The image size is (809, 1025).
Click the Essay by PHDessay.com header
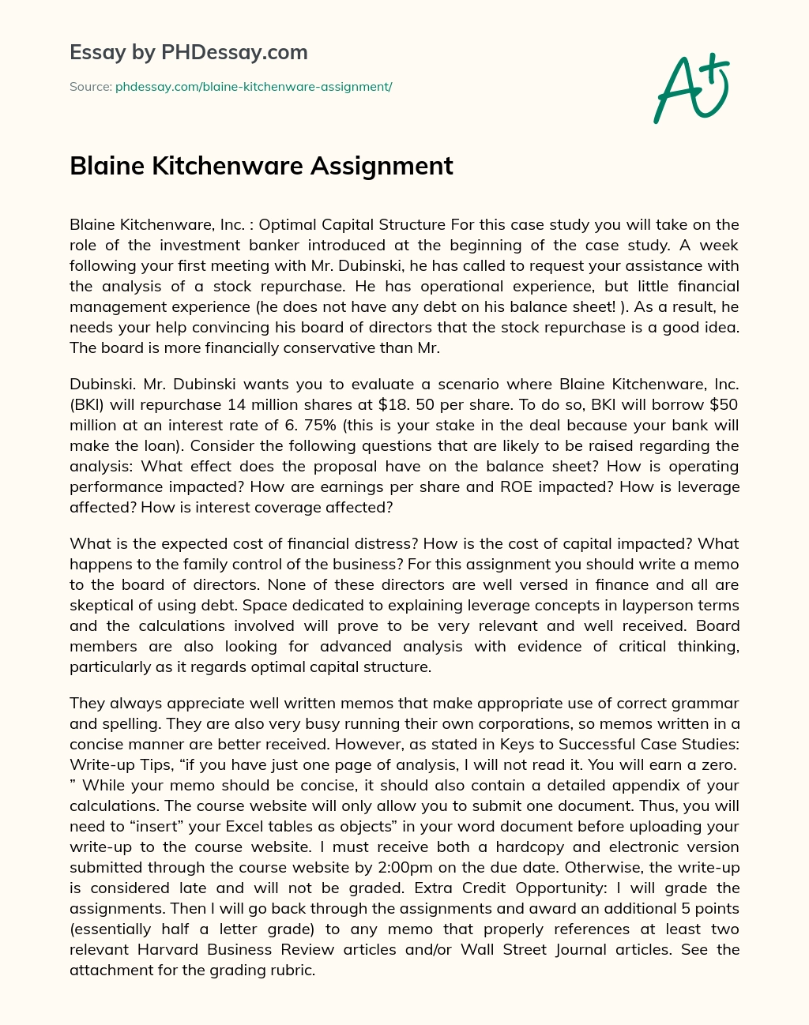click(189, 52)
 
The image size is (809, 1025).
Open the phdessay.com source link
click(254, 86)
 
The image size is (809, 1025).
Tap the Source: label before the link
click(90, 86)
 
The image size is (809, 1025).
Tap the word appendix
click(644, 785)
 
